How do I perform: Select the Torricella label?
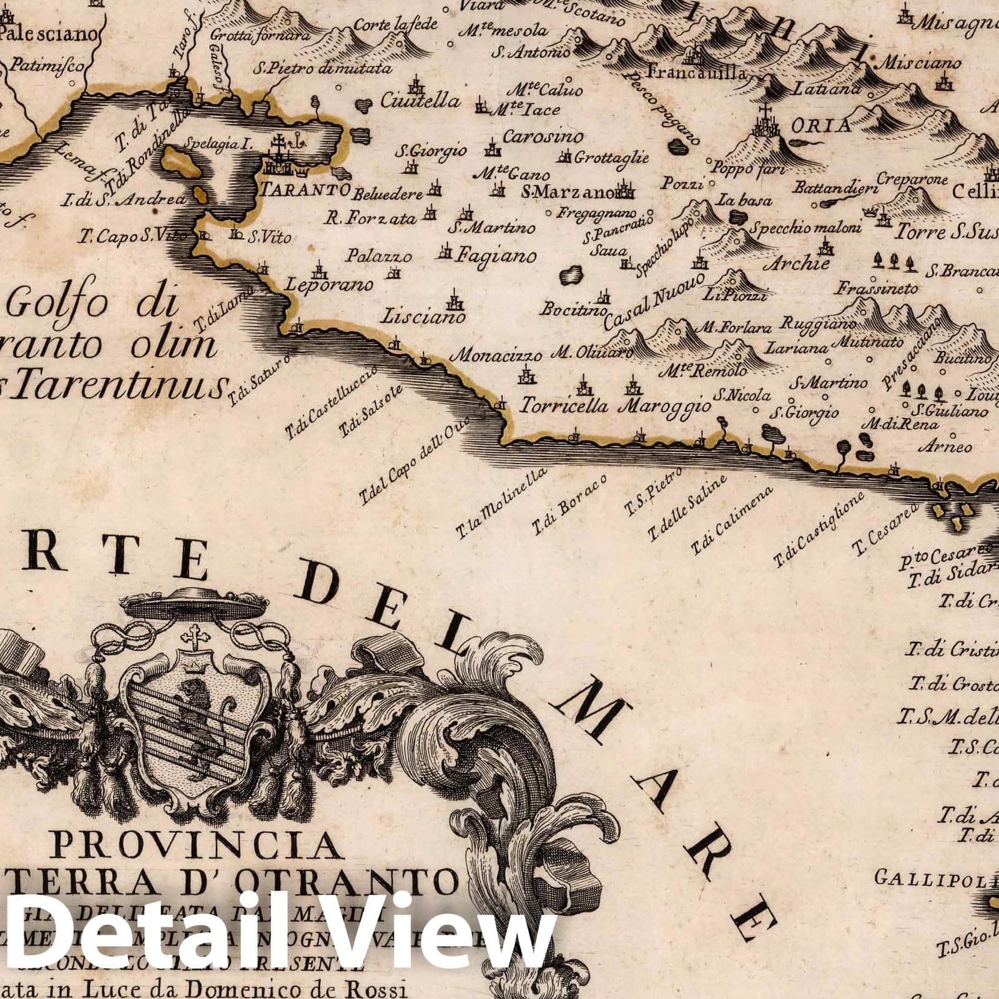tap(564, 406)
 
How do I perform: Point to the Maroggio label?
tap(664, 406)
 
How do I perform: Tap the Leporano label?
tap(329, 285)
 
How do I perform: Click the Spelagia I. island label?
tap(220, 144)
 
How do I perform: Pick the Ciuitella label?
tap(420, 101)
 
